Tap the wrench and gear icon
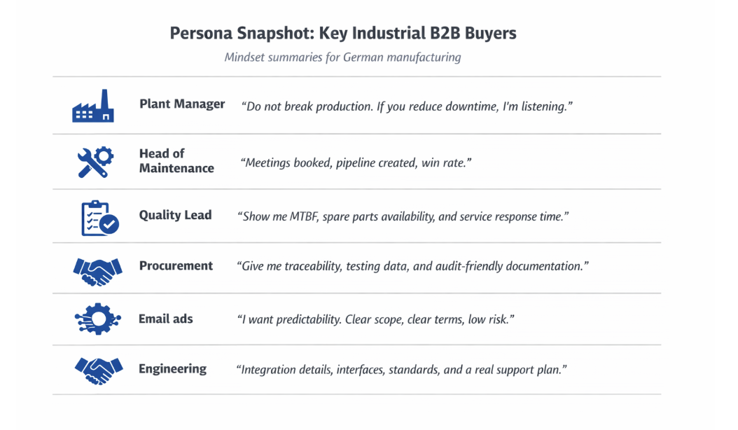(95, 162)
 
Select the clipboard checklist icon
(100, 218)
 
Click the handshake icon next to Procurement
(97, 271)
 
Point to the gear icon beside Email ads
(98, 319)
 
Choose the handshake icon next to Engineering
(99, 370)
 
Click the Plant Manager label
(182, 104)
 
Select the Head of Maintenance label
(176, 160)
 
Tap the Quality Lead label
(175, 215)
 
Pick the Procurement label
(176, 265)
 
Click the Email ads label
(166, 319)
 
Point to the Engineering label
(172, 369)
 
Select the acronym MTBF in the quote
(304, 216)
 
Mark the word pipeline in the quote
(356, 163)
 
